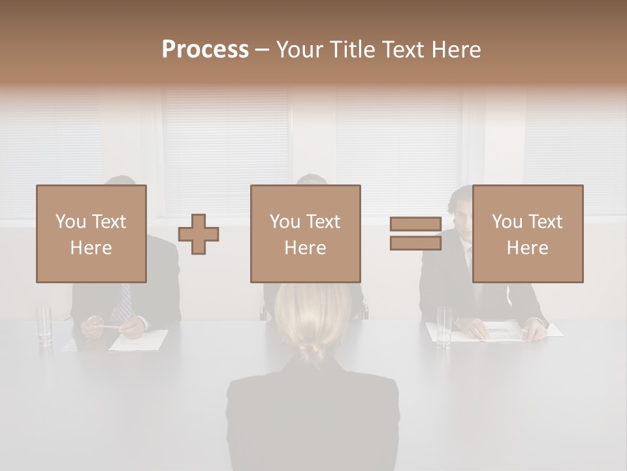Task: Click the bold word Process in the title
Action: (x=205, y=49)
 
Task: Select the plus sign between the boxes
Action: (x=199, y=234)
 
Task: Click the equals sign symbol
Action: (x=415, y=234)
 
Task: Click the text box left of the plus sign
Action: (x=91, y=234)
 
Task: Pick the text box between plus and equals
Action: (x=305, y=234)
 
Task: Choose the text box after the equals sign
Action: (x=527, y=234)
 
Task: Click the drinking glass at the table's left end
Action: (x=44, y=325)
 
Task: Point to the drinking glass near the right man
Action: (x=444, y=326)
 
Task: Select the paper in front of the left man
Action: (x=139, y=340)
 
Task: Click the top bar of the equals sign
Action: (x=415, y=224)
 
